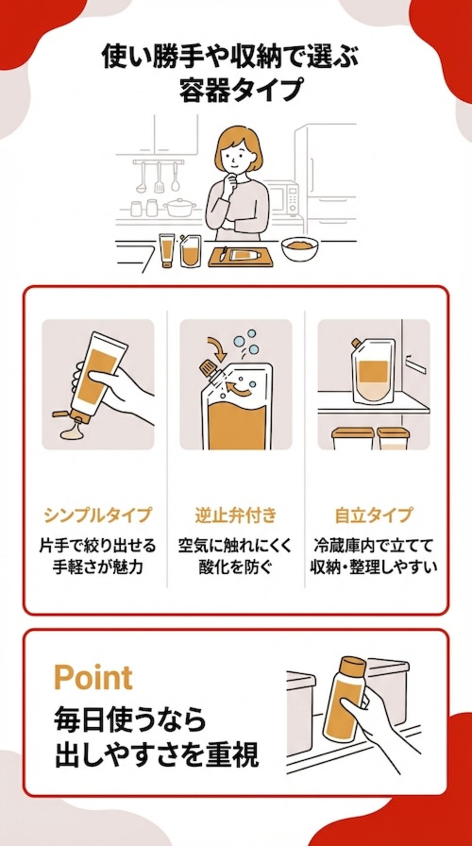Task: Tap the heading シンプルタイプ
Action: (98, 515)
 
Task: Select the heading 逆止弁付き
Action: (236, 515)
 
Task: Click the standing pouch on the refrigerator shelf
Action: (371, 372)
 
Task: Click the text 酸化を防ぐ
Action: (236, 568)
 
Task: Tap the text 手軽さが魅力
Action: (98, 568)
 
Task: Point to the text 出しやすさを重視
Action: (157, 755)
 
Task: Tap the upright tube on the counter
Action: (167, 250)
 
